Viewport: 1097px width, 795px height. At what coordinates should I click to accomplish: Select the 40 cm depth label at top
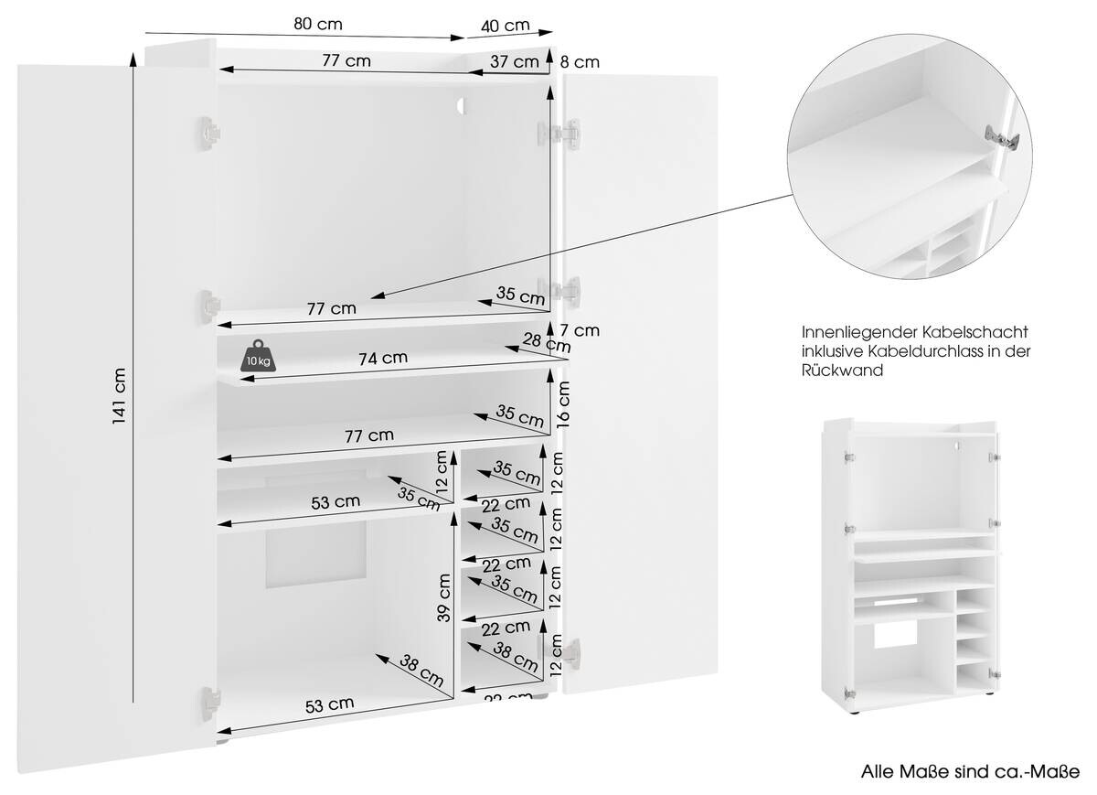[505, 25]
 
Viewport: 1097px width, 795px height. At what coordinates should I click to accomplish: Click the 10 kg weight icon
[257, 356]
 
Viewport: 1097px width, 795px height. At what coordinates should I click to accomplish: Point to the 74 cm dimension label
[383, 358]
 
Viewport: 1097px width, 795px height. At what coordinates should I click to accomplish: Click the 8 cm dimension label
[579, 62]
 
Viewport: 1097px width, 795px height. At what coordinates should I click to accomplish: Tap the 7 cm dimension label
[580, 330]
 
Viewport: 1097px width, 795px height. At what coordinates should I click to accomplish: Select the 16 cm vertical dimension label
[564, 405]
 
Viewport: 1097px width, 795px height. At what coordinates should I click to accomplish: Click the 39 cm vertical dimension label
[445, 597]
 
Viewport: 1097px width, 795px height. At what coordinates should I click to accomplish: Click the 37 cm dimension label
[514, 61]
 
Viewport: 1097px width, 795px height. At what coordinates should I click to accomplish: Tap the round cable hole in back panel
[462, 107]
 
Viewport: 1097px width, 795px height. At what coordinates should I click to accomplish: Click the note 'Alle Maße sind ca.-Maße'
[970, 770]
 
